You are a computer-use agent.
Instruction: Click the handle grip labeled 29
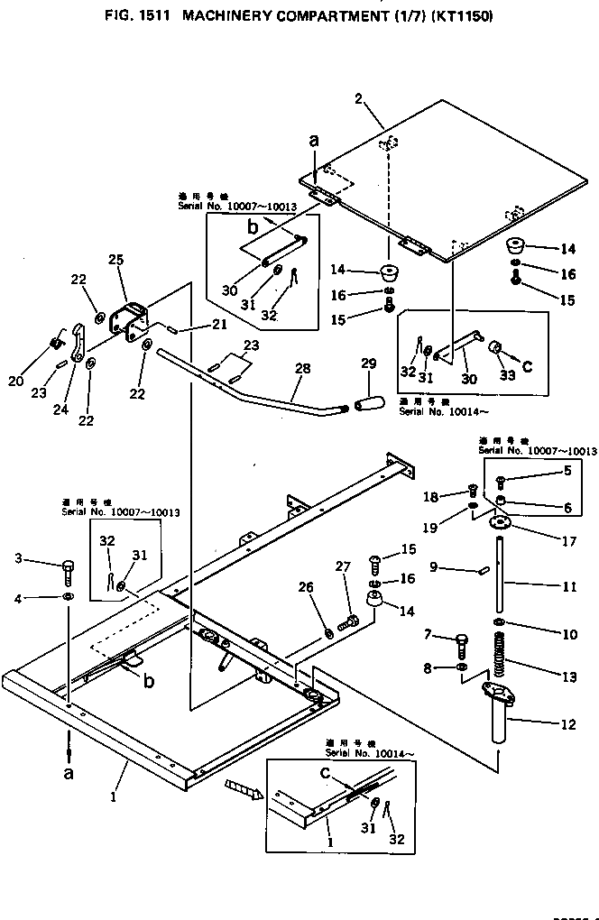(367, 399)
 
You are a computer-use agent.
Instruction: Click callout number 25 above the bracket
(115, 260)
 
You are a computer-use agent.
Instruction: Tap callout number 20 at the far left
(15, 382)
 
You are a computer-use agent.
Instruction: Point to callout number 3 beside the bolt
(19, 559)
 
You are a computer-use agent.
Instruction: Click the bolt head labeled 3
(68, 567)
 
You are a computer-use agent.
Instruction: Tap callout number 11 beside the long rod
(569, 586)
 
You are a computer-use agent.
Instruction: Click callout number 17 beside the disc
(569, 542)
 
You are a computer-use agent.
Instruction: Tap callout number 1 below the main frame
(114, 797)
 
